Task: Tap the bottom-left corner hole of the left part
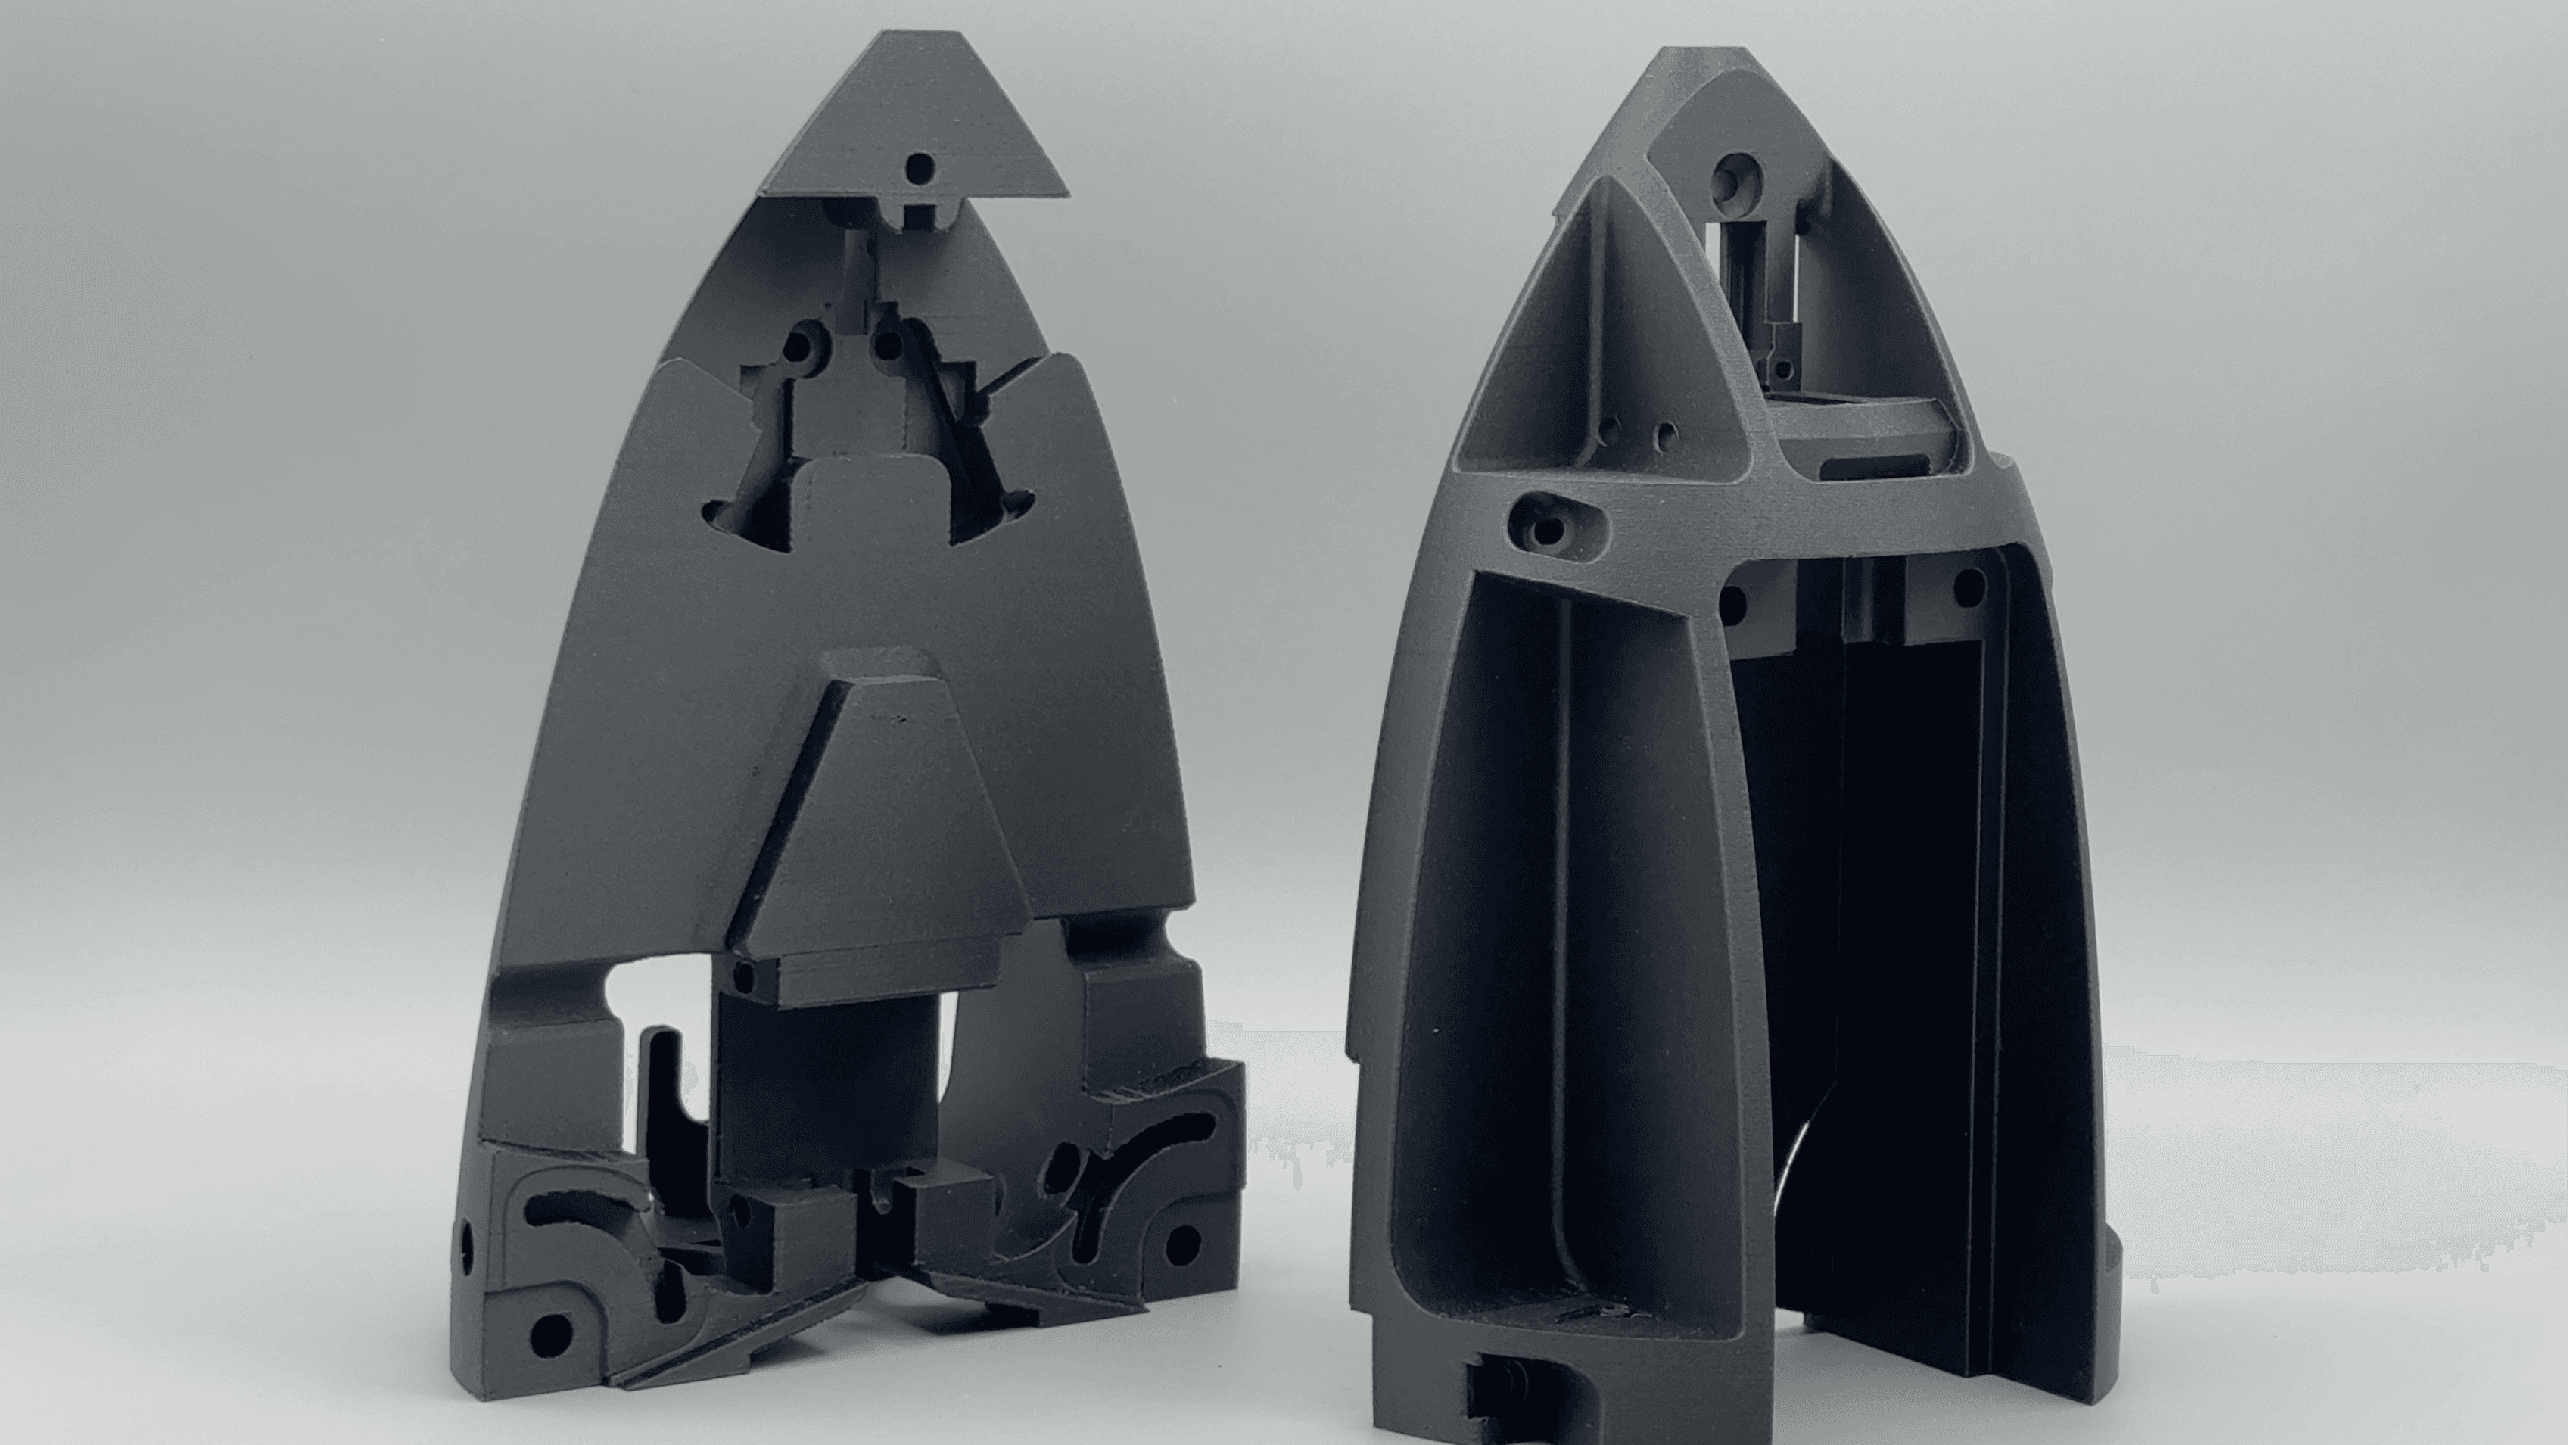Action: pyautogui.click(x=546, y=1328)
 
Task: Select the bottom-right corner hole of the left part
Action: pyautogui.click(x=1182, y=1243)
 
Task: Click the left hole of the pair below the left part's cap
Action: pyautogui.click(x=798, y=346)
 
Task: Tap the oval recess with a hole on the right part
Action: pyautogui.click(x=1549, y=522)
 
